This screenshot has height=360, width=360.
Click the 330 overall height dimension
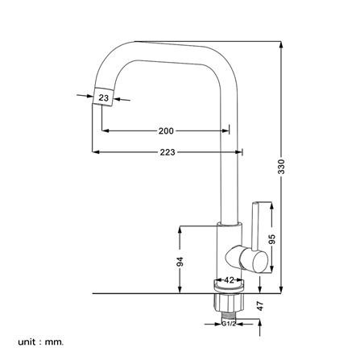point(281,167)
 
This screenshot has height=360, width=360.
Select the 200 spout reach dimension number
point(166,131)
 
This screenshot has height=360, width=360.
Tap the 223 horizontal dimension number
point(168,152)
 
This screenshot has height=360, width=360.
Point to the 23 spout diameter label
point(103,97)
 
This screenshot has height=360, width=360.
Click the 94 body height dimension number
point(180,262)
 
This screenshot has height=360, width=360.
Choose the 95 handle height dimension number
point(272,239)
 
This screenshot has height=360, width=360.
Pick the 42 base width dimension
point(229,280)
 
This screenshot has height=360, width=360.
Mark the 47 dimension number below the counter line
point(260,306)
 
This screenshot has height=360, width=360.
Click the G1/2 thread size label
point(229,324)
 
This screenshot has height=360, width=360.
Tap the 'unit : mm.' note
point(41,342)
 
